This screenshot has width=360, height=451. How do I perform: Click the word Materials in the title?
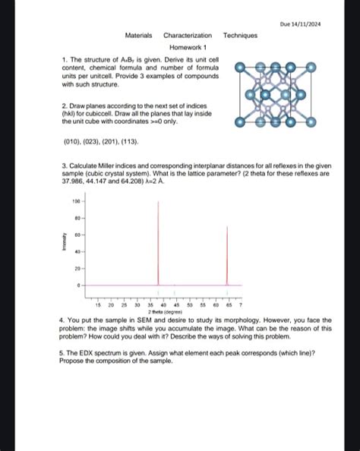click(x=139, y=36)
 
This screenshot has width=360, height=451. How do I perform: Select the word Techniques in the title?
click(x=240, y=36)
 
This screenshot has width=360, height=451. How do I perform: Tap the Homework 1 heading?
click(x=188, y=47)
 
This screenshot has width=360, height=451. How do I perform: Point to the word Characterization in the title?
click(x=188, y=36)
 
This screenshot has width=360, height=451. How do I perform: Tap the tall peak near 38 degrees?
click(x=157, y=243)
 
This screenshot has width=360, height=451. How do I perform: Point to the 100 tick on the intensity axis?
click(x=76, y=201)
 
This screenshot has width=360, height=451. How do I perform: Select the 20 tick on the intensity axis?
click(x=77, y=269)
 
